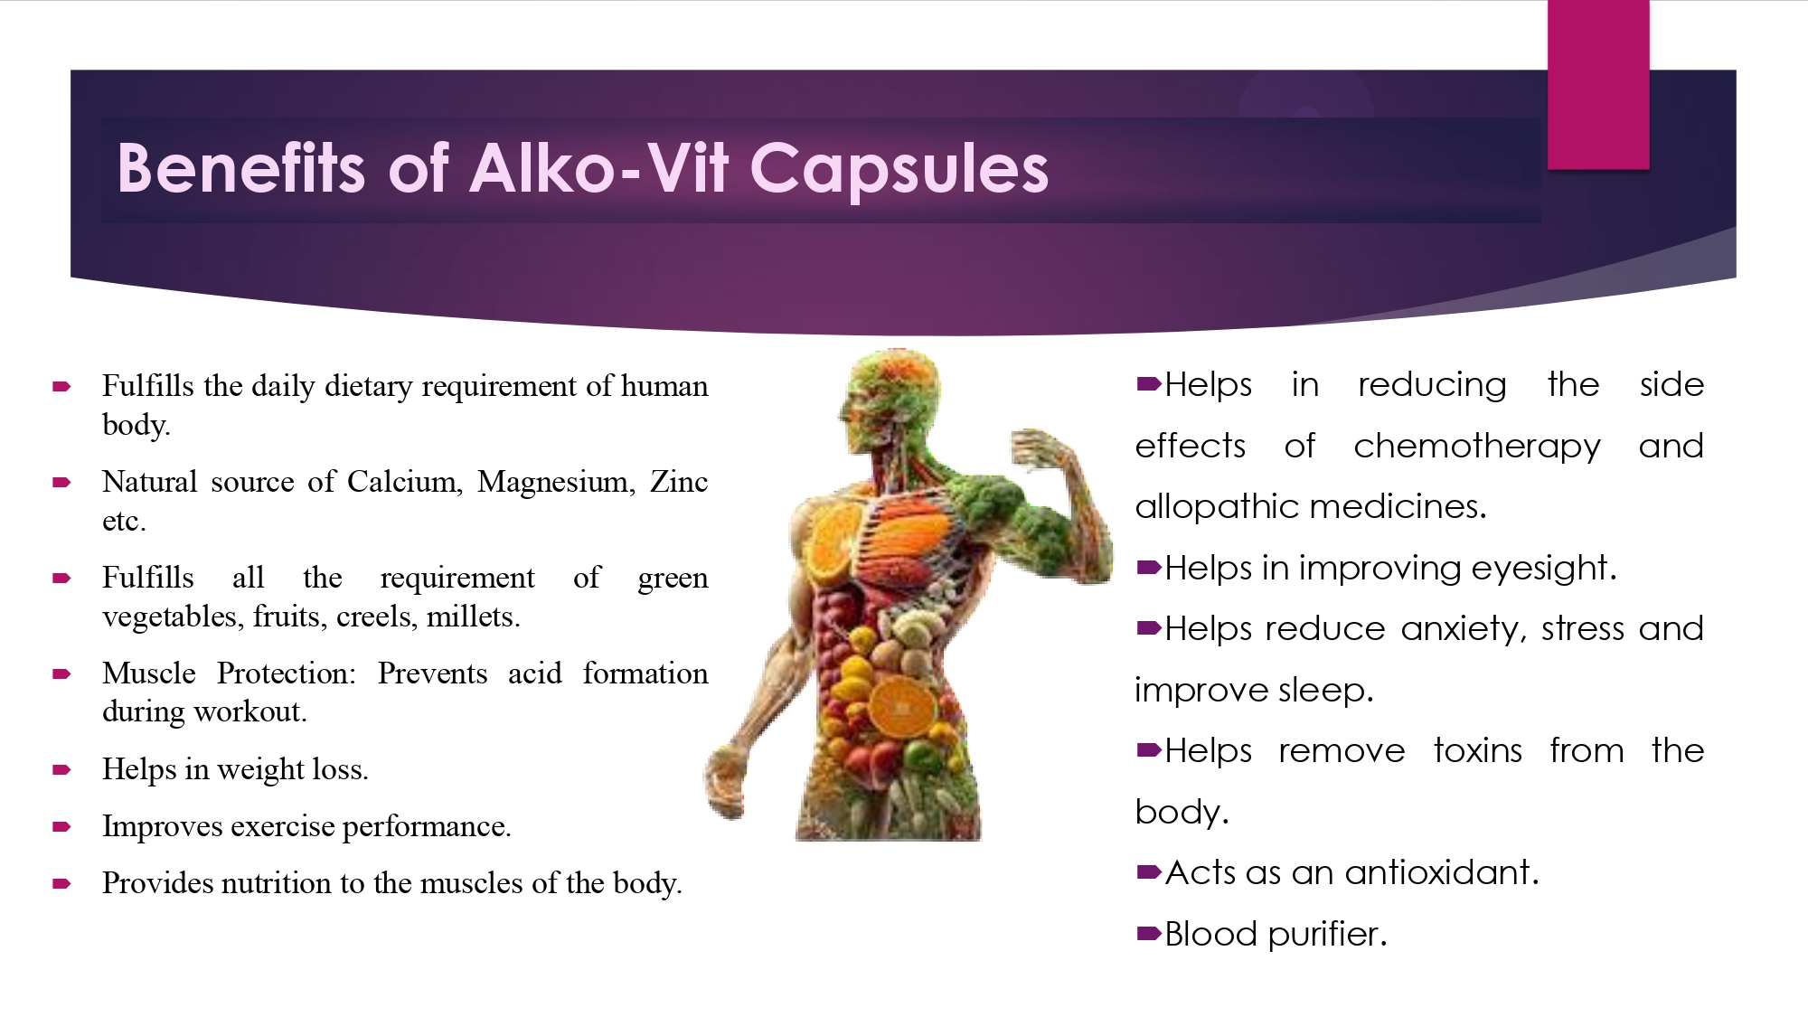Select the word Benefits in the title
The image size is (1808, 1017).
coord(240,168)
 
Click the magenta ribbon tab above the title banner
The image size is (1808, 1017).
coord(1598,85)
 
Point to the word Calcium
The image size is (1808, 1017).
coord(404,483)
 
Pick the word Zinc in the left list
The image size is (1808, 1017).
coord(679,482)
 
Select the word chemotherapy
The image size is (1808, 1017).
coord(1477,447)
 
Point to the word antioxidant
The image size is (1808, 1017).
coord(1442,872)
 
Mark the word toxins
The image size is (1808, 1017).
coord(1478,750)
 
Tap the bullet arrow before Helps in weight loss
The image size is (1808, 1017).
coord(62,770)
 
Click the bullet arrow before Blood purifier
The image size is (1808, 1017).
coord(1149,934)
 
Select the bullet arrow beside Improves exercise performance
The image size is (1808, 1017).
coord(62,827)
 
